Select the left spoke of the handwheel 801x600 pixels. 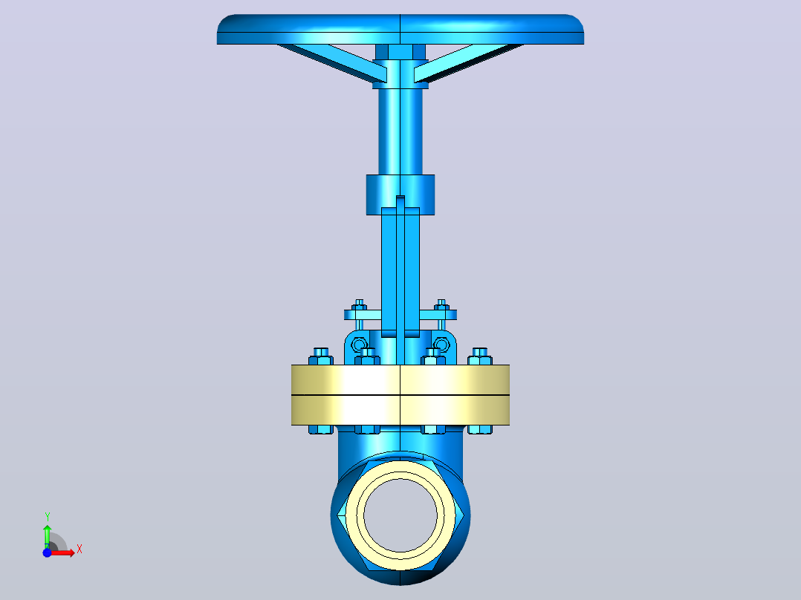(x=332, y=62)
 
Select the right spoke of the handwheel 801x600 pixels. (x=468, y=62)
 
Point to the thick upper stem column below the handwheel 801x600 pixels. (x=400, y=131)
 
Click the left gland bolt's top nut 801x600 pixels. (x=359, y=305)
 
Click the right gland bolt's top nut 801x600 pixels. (x=441, y=305)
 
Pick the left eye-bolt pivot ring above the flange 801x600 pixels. (x=359, y=345)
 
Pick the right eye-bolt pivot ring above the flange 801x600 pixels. (x=441, y=345)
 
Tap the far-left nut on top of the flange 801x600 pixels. (x=321, y=357)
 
